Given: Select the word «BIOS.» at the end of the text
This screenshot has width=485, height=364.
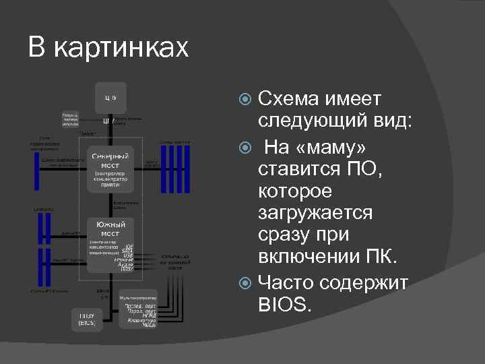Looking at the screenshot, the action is (285, 304).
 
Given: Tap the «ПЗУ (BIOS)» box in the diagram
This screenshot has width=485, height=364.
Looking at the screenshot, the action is (87, 319).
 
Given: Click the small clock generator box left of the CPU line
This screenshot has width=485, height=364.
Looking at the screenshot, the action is (70, 119).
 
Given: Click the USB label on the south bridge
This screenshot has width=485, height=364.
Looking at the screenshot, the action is (128, 255).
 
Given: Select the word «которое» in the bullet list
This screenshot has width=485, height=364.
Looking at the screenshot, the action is (295, 191).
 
